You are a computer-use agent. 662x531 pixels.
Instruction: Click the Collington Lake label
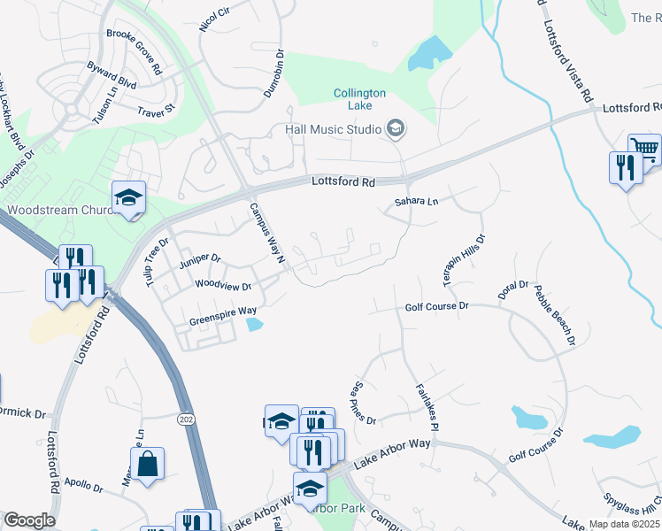359,99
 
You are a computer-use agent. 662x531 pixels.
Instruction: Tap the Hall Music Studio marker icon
396,129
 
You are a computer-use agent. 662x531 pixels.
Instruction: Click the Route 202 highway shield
185,418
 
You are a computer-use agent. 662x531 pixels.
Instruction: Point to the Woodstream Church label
60,211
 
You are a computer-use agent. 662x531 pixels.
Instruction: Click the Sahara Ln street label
416,202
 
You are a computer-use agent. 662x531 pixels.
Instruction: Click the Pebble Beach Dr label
555,316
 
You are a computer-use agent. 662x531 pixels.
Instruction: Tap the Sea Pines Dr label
365,403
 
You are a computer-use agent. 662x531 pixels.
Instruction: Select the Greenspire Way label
222,312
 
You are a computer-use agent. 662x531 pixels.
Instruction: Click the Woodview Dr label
223,286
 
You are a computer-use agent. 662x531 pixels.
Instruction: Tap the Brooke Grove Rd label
134,50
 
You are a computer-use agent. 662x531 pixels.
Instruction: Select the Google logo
29,520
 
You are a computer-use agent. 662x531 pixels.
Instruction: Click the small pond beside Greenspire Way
255,325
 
